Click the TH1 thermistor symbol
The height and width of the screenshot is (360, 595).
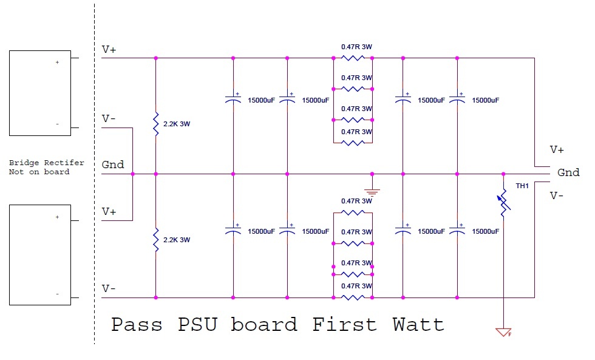(504, 203)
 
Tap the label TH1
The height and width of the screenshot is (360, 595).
(522, 186)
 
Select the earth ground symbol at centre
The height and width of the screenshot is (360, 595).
(372, 191)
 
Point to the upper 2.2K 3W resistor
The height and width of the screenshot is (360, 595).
(156, 124)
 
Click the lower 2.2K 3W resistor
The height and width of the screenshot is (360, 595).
(156, 240)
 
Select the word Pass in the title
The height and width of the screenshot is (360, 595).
(137, 324)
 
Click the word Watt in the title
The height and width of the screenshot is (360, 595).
(418, 324)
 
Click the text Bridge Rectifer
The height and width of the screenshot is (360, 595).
(47, 163)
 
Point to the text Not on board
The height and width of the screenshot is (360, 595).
(39, 172)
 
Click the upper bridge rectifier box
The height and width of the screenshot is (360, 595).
(40, 93)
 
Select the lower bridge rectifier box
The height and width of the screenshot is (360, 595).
(40, 254)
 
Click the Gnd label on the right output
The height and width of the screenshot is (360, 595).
(568, 172)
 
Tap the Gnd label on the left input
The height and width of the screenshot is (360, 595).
(113, 165)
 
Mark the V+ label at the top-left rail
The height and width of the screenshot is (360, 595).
(109, 50)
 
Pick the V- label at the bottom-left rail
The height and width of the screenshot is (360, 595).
(109, 288)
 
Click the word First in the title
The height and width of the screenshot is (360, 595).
(345, 324)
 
